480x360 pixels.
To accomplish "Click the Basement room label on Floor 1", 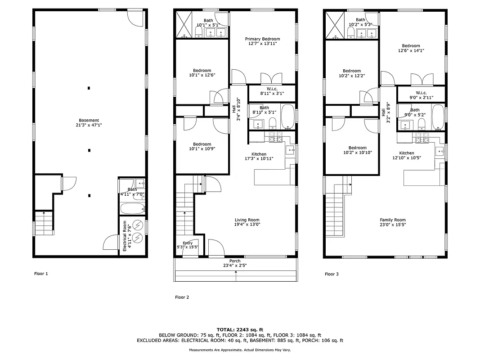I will (x=89, y=120).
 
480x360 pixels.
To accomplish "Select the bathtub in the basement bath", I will (x=132, y=209).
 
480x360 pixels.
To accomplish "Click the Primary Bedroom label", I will (x=262, y=39).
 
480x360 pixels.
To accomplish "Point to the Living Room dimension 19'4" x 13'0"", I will (x=247, y=224).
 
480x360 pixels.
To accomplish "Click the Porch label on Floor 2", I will (x=235, y=261).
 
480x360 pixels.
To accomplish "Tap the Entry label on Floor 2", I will (x=188, y=243).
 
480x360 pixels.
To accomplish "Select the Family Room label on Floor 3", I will (x=393, y=220).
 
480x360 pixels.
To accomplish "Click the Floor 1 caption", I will (x=41, y=274).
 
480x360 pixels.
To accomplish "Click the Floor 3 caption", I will (x=332, y=274).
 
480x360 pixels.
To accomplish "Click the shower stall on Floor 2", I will (x=184, y=25).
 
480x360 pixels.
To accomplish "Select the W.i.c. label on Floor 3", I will (x=421, y=93).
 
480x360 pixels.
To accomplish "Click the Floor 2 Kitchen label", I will (x=259, y=154).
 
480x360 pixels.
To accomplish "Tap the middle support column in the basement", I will (x=89, y=150).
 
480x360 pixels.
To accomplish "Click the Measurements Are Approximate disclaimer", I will (x=240, y=350).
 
